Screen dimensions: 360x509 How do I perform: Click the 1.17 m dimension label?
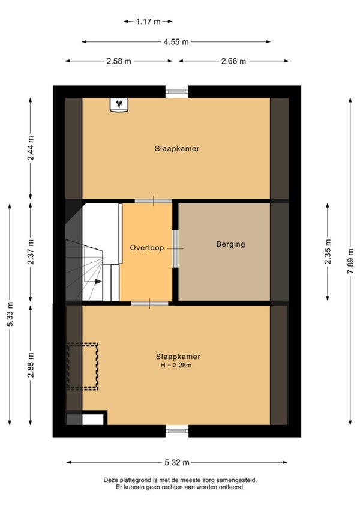(x=148, y=22)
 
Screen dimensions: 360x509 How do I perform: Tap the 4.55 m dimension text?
(x=176, y=42)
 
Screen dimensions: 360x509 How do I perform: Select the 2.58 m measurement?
(x=119, y=61)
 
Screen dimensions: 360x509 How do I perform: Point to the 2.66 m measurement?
(x=233, y=61)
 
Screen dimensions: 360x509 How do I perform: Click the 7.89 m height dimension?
(x=350, y=261)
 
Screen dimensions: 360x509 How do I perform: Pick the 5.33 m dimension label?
(x=10, y=315)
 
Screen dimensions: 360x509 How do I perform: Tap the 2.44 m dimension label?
(x=31, y=148)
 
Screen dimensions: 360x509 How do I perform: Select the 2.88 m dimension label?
(x=31, y=365)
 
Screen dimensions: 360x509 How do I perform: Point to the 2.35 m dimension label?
(x=328, y=251)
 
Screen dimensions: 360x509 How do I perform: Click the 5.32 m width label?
(x=177, y=463)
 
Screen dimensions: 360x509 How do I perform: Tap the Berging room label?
(x=230, y=244)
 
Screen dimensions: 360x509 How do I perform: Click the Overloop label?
(x=147, y=248)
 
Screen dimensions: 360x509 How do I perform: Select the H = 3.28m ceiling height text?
(x=176, y=365)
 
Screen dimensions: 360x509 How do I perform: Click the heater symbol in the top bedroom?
(x=119, y=105)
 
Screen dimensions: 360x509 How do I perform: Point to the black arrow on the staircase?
(x=98, y=282)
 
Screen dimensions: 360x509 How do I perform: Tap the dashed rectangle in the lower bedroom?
(x=82, y=366)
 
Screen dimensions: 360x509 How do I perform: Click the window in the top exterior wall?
(x=177, y=92)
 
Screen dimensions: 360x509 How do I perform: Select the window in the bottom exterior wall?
(x=177, y=431)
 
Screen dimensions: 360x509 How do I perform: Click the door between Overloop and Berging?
(x=175, y=248)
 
